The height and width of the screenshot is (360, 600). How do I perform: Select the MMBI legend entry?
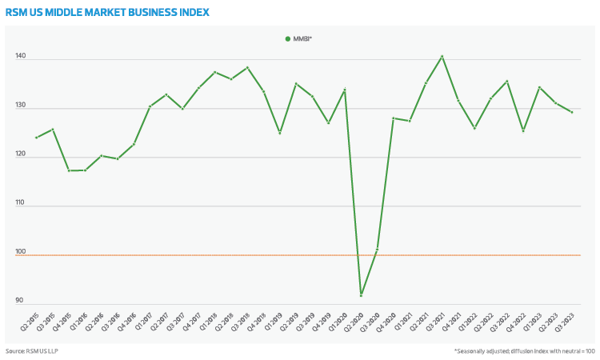[x=298, y=38]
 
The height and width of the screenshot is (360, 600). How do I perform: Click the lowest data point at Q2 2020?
[x=362, y=296]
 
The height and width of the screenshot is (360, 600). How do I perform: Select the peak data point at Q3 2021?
[x=442, y=56]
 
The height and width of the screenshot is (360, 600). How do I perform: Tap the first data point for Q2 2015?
[x=37, y=138]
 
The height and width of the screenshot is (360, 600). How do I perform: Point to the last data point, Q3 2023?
[x=572, y=112]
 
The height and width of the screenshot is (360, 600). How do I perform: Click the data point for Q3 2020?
[x=378, y=250]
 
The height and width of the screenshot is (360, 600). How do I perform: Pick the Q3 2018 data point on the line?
[x=247, y=67]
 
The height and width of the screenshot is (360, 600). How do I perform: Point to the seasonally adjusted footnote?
[x=523, y=351]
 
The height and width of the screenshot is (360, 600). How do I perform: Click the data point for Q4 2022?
[x=523, y=130]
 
